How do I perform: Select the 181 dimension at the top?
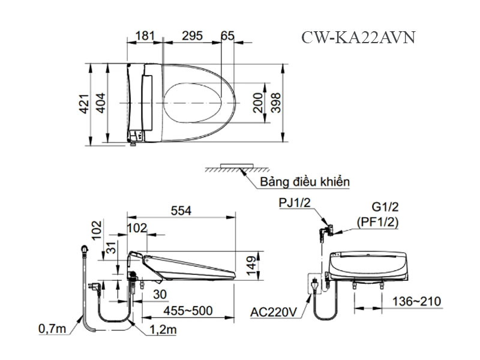click(145, 36)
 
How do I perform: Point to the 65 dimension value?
click(227, 36)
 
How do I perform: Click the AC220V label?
click(273, 312)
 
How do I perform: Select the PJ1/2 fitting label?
click(294, 204)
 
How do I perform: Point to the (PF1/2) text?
click(377, 221)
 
